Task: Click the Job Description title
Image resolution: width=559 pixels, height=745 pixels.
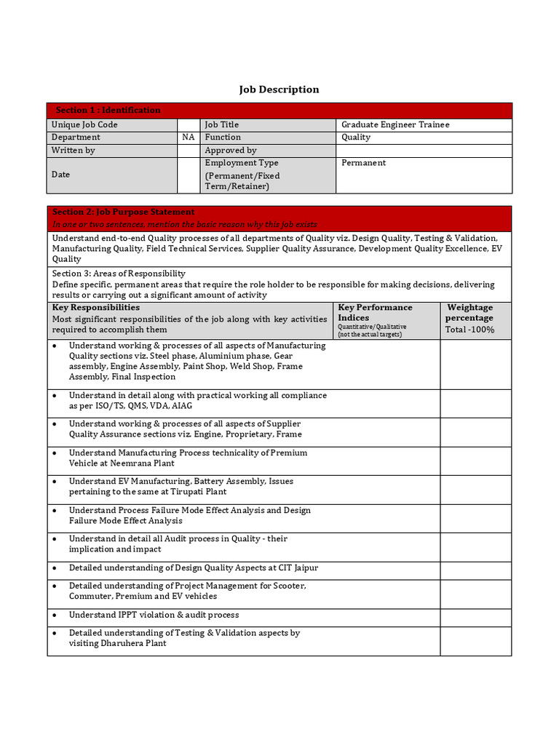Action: click(x=279, y=89)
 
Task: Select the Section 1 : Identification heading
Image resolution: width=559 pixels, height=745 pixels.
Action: click(x=108, y=110)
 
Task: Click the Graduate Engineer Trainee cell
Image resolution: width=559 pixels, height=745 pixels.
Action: click(x=395, y=124)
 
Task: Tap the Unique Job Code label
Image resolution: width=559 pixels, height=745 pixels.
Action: click(x=84, y=124)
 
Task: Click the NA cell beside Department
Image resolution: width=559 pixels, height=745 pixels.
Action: click(x=189, y=137)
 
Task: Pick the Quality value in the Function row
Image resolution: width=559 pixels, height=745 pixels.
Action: click(x=356, y=137)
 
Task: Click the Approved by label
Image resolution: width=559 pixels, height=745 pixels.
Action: click(x=231, y=150)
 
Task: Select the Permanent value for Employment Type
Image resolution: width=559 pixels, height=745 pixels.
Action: click(x=364, y=162)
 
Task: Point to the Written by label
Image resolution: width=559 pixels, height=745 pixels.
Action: click(x=73, y=150)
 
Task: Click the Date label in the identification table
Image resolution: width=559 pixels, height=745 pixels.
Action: click(x=61, y=175)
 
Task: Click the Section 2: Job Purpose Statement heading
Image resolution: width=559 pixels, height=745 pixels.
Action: click(x=123, y=212)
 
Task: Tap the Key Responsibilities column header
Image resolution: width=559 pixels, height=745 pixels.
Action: click(x=96, y=308)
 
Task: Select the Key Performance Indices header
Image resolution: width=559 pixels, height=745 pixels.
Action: click(x=375, y=312)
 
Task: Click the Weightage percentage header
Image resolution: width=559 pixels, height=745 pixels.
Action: click(x=469, y=312)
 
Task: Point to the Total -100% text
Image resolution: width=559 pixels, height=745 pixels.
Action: click(x=469, y=330)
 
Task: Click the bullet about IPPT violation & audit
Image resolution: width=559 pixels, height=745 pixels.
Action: click(x=154, y=615)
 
